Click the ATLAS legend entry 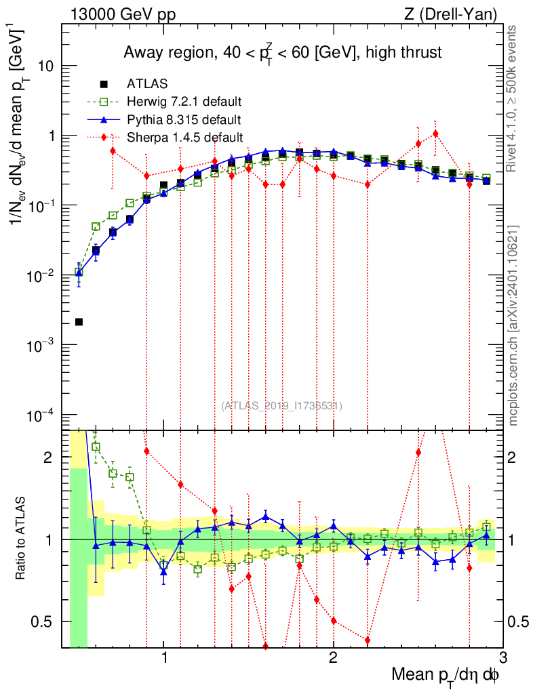[x=142, y=85]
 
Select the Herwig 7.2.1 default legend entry [x=184, y=102]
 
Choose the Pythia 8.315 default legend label [x=184, y=120]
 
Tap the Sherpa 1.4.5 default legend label [x=185, y=138]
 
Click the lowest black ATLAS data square [x=79, y=322]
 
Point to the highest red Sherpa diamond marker [x=435, y=134]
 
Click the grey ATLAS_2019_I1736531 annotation [x=281, y=406]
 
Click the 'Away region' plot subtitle [x=282, y=53]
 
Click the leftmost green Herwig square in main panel [x=79, y=272]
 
